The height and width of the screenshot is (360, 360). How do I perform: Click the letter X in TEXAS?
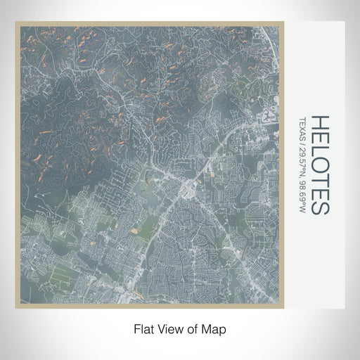pos(302,126)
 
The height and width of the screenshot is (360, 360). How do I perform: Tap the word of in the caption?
pos(191,328)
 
